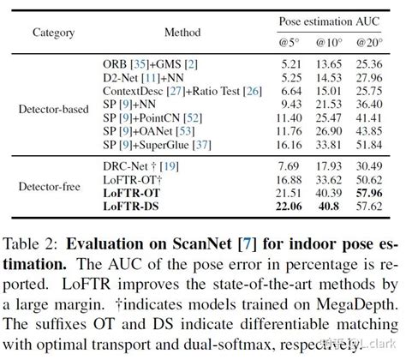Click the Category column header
click(x=53, y=33)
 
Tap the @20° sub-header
click(x=370, y=42)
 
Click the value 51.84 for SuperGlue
click(x=370, y=146)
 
